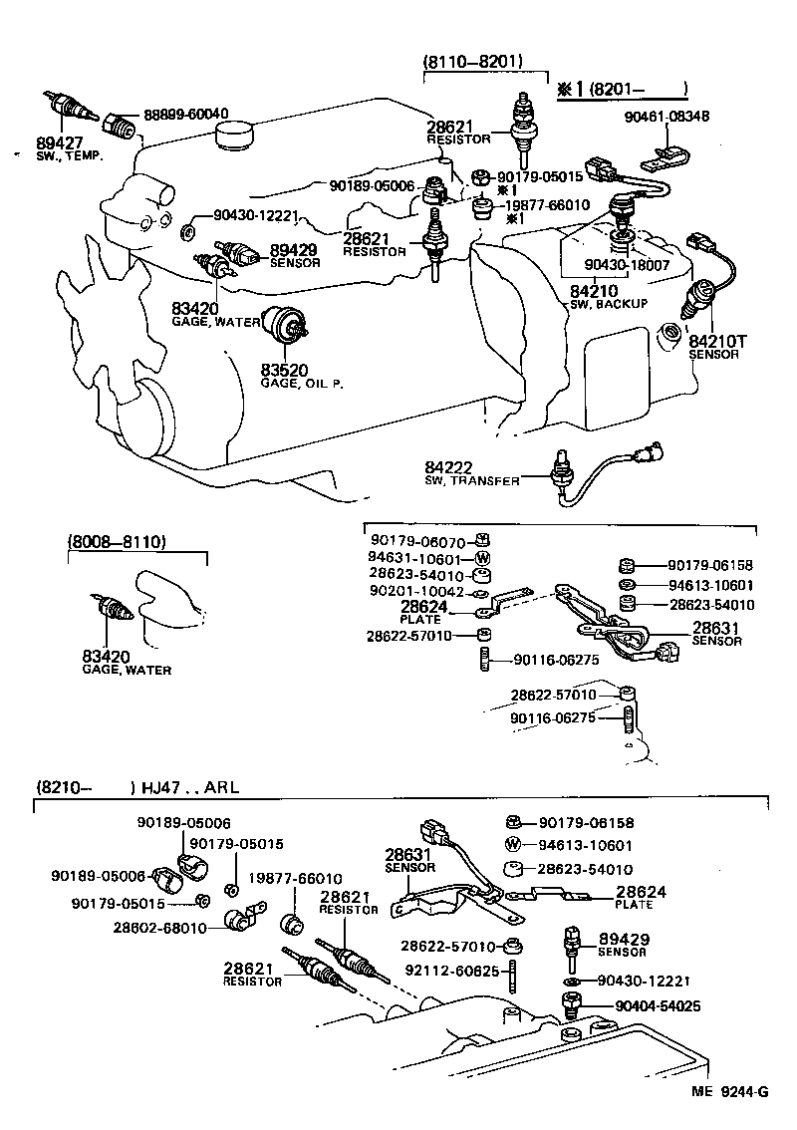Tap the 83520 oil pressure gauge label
click(x=284, y=370)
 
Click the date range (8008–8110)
click(x=117, y=541)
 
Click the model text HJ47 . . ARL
click(x=189, y=787)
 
